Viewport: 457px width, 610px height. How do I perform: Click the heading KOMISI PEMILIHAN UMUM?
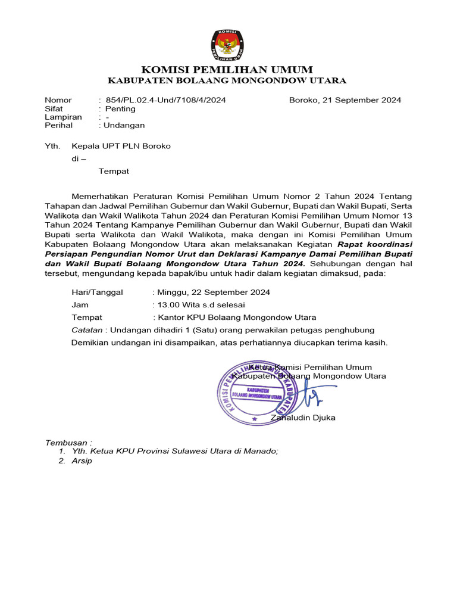227,70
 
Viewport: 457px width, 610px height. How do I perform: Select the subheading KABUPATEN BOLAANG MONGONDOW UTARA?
227,81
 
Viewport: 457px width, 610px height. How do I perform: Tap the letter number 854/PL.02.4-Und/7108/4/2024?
165,100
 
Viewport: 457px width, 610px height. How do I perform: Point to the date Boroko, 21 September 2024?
345,100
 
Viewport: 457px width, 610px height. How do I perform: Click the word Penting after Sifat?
120,108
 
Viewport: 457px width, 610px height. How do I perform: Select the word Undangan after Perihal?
124,125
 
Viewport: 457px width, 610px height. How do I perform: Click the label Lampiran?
63,117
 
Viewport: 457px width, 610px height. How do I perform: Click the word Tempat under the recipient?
114,171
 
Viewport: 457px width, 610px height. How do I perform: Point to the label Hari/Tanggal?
97,292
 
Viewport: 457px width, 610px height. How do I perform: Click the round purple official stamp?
257,393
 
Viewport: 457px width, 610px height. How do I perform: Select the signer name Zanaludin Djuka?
303,418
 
